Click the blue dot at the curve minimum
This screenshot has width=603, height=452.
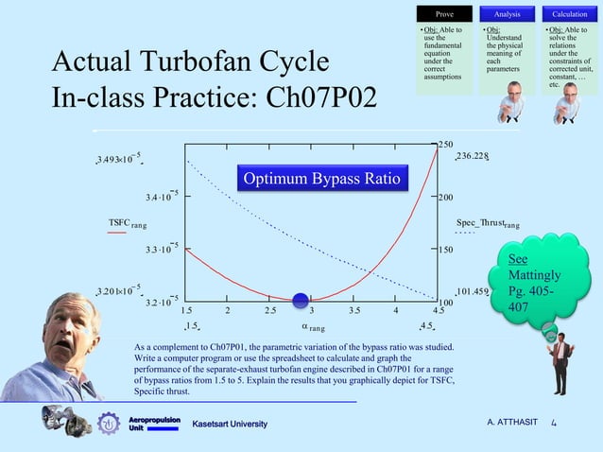point(301,301)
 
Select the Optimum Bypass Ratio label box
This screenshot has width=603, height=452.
point(322,180)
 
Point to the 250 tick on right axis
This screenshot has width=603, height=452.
point(445,144)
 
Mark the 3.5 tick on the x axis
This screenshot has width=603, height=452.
point(353,309)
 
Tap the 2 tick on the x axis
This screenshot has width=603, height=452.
point(228,309)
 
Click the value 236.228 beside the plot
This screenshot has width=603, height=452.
point(473,156)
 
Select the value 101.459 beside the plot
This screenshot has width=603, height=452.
point(472,292)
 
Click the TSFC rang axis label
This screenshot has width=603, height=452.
point(127,223)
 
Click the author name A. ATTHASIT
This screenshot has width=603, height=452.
point(514,423)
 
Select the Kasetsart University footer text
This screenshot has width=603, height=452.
point(231,423)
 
